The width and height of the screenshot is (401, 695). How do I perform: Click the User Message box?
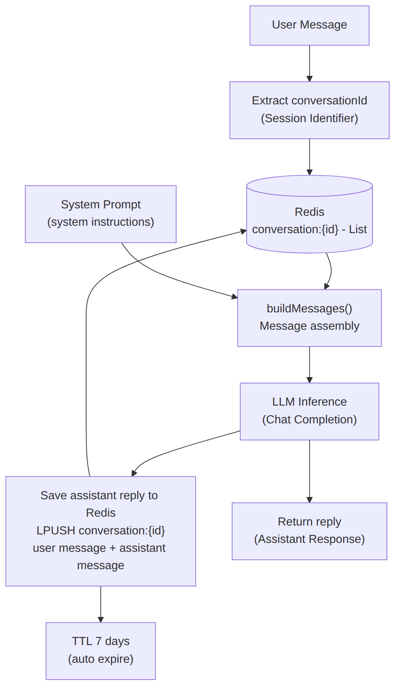click(309, 26)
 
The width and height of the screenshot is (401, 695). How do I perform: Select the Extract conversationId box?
click(309, 110)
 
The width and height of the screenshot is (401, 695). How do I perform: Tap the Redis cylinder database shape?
click(309, 214)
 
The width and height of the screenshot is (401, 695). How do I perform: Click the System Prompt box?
click(101, 214)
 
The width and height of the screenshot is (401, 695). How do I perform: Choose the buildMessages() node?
click(309, 318)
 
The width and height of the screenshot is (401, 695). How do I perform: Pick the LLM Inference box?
click(309, 411)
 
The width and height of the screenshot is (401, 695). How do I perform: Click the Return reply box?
click(309, 531)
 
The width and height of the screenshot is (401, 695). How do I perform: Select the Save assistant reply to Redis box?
click(101, 531)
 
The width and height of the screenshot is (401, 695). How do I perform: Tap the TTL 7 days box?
click(101, 651)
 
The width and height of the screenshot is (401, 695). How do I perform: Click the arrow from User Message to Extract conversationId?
click(310, 64)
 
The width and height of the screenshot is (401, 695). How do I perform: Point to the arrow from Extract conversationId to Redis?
click(310, 157)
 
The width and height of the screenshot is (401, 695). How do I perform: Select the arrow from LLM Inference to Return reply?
click(310, 471)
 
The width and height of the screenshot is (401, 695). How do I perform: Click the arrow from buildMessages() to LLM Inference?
click(310, 365)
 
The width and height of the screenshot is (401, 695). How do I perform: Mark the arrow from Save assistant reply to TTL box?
click(101, 604)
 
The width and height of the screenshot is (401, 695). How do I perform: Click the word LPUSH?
click(56, 530)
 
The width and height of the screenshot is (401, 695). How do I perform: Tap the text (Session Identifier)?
click(309, 118)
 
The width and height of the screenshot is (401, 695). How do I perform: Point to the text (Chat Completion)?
click(309, 420)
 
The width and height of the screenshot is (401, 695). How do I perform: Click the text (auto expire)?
click(101, 659)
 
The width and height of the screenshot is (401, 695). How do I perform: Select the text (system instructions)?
click(101, 222)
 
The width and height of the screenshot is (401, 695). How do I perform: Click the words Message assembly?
click(309, 326)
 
